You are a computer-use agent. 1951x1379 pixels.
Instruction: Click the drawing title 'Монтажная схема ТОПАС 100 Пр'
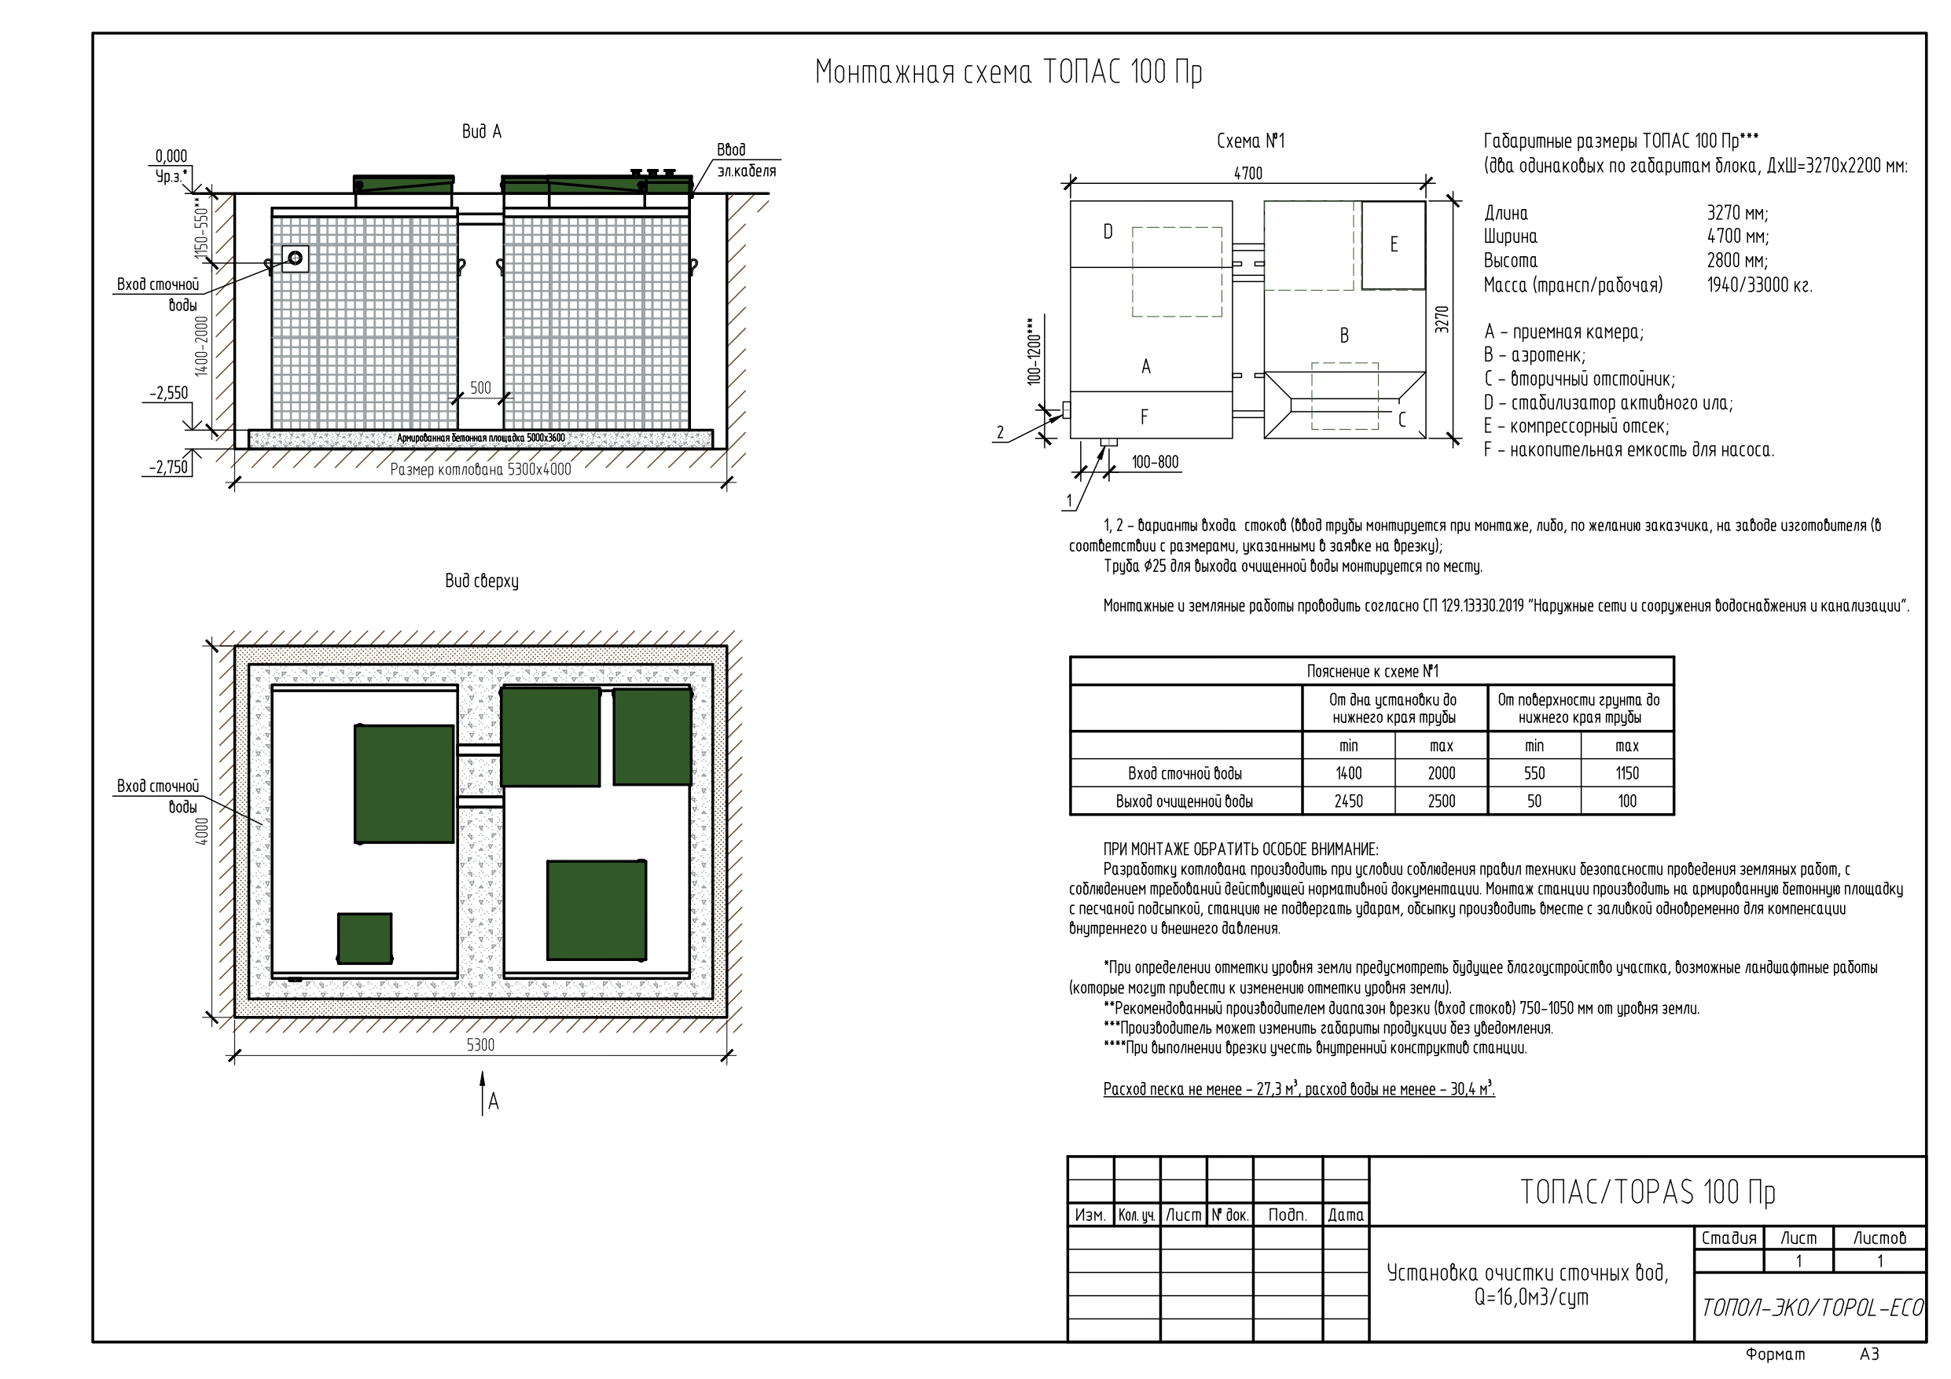[1008, 72]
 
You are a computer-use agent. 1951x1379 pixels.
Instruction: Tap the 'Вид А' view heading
[481, 132]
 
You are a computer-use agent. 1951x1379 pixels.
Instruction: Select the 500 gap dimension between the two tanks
[480, 388]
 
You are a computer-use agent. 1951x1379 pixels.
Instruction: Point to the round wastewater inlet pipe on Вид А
[295, 258]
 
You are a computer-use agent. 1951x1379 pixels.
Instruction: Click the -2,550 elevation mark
[169, 394]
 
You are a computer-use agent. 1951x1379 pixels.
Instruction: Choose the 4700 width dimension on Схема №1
[1247, 174]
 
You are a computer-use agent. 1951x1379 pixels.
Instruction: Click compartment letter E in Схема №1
[1394, 244]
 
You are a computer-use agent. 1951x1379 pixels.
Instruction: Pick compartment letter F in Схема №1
[1145, 417]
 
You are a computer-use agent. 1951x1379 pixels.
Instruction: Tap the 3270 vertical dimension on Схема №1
[1442, 318]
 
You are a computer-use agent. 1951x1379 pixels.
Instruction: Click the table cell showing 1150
[1626, 773]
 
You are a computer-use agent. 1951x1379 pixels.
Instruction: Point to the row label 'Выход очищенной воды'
[1184, 801]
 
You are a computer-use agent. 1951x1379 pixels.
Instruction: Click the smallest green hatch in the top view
[365, 938]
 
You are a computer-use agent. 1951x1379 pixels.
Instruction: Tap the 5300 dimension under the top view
[480, 1045]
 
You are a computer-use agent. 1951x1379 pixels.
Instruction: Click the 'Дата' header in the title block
[1345, 1215]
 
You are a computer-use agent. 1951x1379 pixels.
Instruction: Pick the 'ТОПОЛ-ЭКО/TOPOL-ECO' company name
[1812, 1307]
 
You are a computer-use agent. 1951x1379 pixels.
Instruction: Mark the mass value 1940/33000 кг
[1759, 285]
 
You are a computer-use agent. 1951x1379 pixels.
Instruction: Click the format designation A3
[1868, 1355]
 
